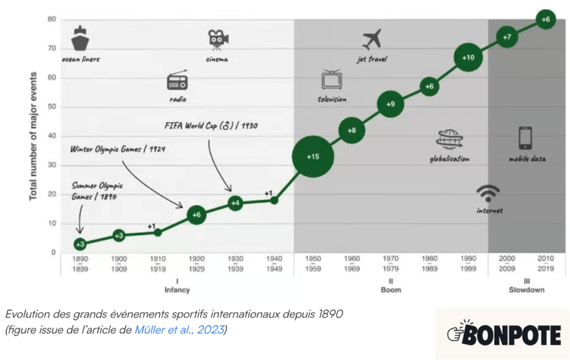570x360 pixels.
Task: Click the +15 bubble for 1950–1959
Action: [x=313, y=156]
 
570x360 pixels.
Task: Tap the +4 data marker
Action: [x=235, y=203]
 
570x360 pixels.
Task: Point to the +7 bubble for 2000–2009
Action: [x=507, y=37]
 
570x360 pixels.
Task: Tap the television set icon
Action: [x=332, y=80]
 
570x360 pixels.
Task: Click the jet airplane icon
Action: [x=371, y=39]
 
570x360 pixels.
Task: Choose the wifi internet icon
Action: [x=488, y=194]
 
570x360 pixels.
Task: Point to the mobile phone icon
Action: [x=525, y=138]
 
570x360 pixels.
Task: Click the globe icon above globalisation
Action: [x=449, y=140]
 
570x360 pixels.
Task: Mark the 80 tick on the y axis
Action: [x=52, y=19]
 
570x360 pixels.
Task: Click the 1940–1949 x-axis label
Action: [x=274, y=264]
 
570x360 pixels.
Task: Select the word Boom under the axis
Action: [x=391, y=290]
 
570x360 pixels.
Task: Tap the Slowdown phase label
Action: [x=527, y=290]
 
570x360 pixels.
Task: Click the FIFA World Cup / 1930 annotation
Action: [x=211, y=125]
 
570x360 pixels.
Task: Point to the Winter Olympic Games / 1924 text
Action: [x=118, y=149]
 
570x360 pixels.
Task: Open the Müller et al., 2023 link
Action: [x=179, y=329]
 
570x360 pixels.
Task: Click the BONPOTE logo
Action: [x=504, y=334]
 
